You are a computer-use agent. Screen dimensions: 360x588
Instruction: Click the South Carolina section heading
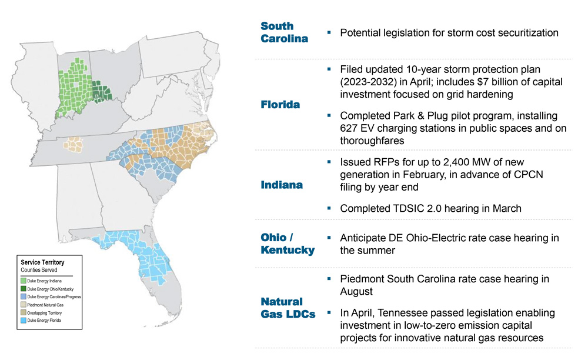coord(285,32)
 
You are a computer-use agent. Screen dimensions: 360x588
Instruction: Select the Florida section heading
coord(280,105)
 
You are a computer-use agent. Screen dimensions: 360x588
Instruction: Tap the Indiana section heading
coord(282,185)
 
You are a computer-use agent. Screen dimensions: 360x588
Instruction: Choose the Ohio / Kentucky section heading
coord(288,244)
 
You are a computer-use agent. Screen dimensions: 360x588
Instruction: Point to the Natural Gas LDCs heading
coord(288,308)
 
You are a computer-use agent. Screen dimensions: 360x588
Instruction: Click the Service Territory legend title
coord(42,262)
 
